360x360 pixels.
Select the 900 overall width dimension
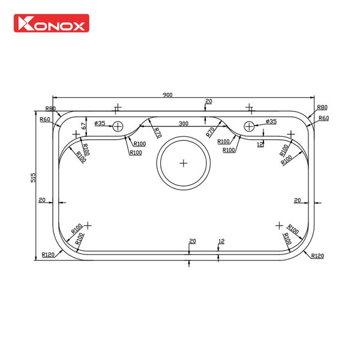tap(167, 95)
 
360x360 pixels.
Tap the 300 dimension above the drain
tap(183, 123)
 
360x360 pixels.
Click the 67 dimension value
tap(84, 125)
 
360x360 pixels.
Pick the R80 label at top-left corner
tap(50, 109)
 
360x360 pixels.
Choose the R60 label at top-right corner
tap(323, 118)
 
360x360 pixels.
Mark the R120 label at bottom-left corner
tap(49, 255)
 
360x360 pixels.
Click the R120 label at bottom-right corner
tap(317, 256)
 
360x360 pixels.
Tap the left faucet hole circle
tap(118, 126)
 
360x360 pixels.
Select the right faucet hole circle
tap(250, 126)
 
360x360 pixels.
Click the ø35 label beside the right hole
tap(271, 122)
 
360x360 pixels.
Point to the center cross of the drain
tap(184, 163)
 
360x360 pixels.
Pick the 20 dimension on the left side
tap(42, 200)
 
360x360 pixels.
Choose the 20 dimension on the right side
tap(297, 200)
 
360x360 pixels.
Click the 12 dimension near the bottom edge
tap(221, 241)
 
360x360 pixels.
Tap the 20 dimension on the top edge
tap(208, 101)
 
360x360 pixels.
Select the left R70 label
tap(157, 133)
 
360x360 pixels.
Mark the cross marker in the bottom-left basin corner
tap(88, 225)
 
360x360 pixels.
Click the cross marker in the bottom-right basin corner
tap(279, 225)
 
